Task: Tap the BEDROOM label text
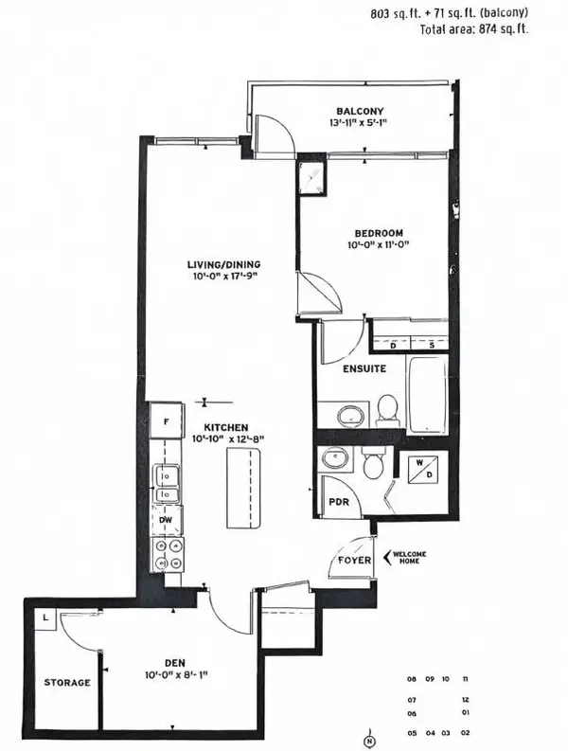(379, 233)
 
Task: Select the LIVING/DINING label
(223, 264)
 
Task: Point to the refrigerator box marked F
(166, 420)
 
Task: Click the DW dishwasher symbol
(165, 519)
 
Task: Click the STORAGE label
(66, 682)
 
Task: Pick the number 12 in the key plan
(466, 698)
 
